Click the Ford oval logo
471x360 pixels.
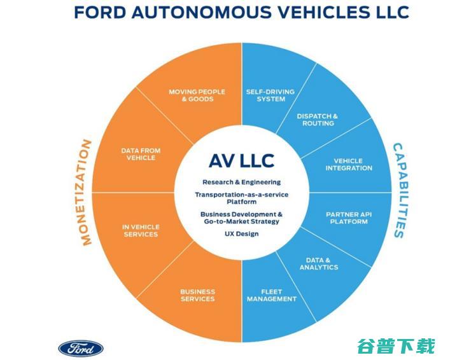81,347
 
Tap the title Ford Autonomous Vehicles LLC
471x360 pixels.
241,12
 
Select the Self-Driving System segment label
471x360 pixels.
271,95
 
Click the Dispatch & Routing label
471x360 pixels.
318,120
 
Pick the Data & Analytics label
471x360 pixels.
318,263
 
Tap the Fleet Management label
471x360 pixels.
272,294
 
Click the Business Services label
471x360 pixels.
197,294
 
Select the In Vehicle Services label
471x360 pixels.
141,230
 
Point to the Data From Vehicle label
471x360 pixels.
141,154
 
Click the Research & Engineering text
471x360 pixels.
241,182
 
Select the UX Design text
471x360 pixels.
241,233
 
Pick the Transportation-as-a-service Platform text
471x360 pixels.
241,198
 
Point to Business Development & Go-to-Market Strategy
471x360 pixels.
241,218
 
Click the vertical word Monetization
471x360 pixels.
88,192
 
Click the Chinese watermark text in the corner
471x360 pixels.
396,346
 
